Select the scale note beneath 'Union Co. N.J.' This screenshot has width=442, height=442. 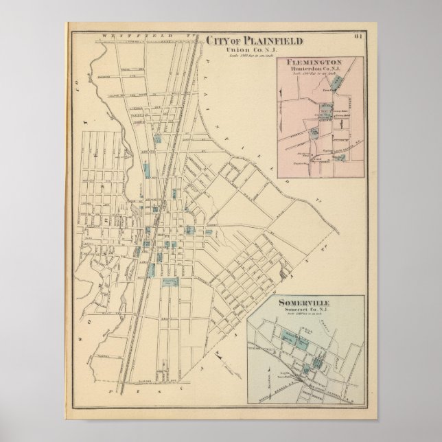click(245, 55)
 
